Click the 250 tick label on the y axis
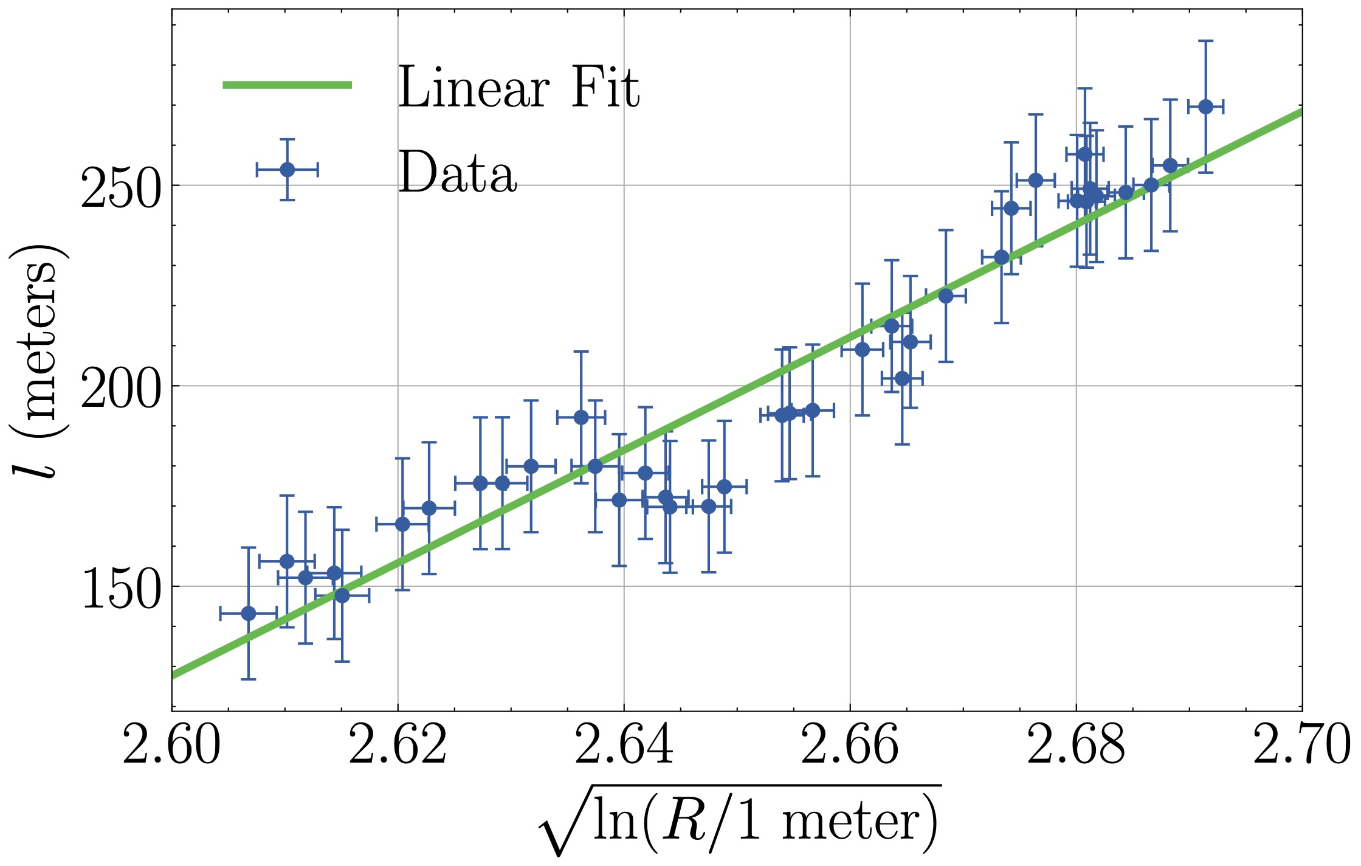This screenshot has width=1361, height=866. (121, 187)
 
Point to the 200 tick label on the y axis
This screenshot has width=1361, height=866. (121, 387)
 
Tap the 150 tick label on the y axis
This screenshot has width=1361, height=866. (121, 587)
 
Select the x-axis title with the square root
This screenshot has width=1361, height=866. (739, 821)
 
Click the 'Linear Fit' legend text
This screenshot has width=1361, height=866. (519, 88)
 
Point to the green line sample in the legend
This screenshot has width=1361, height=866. (288, 85)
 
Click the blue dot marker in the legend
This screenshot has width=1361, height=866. (288, 169)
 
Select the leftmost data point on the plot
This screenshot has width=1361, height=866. (248, 613)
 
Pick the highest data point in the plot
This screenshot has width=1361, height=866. (1205, 106)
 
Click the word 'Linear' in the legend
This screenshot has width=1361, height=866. (474, 88)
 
